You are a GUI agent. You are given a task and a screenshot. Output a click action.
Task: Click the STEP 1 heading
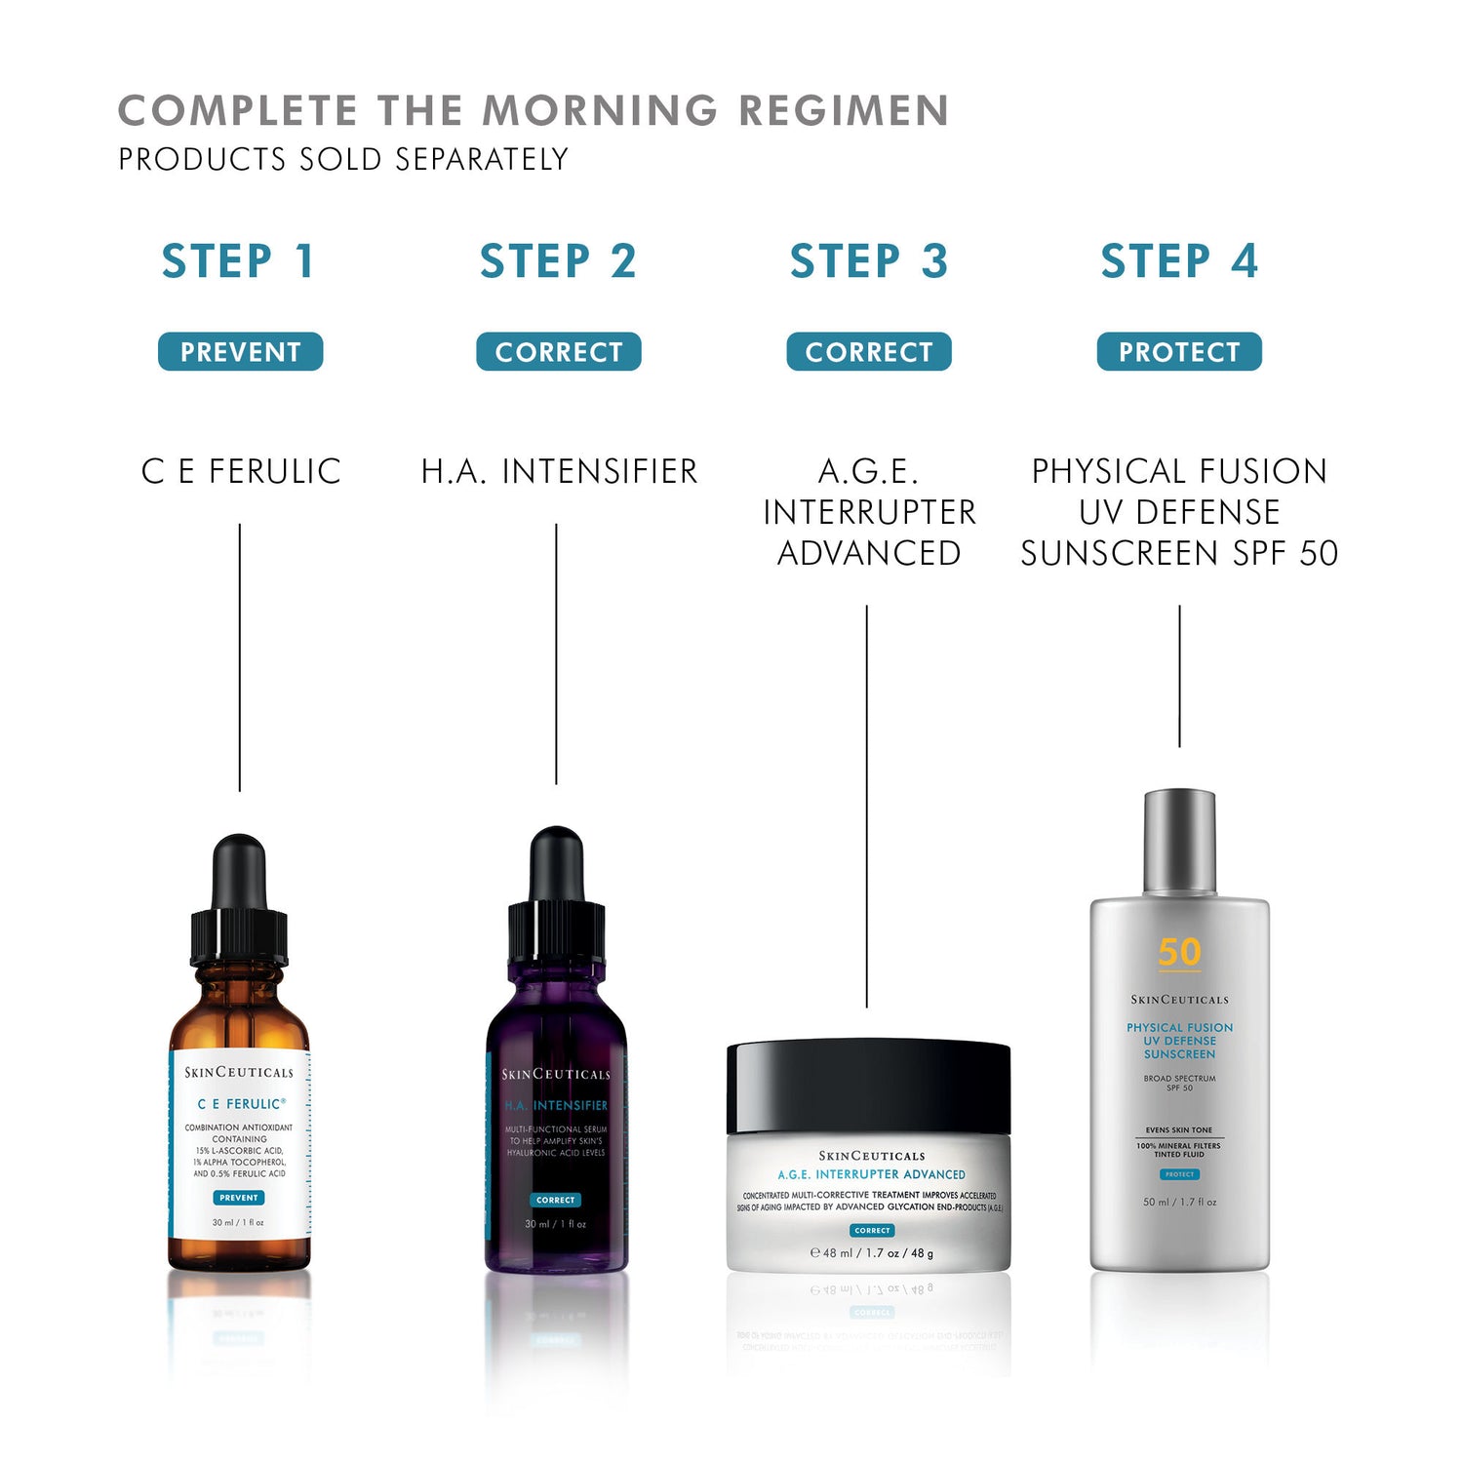point(239,261)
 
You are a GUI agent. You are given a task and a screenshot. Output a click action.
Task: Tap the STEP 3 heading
point(868,261)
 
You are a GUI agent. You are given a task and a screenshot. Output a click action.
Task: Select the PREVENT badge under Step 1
point(240,352)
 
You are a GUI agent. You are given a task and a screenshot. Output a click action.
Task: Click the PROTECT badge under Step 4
point(1178,352)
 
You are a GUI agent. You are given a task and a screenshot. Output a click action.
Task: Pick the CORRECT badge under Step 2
point(558,352)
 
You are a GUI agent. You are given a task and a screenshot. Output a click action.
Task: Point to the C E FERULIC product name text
point(241,471)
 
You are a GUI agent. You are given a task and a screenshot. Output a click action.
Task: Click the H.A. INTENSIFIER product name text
point(559,471)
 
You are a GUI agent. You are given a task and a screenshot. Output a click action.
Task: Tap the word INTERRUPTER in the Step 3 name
point(868,512)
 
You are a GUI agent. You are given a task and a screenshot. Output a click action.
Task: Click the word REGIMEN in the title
point(844,110)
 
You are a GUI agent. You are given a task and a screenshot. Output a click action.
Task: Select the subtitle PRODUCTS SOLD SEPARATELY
point(343,159)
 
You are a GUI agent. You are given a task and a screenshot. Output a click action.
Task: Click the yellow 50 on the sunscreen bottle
point(1179,952)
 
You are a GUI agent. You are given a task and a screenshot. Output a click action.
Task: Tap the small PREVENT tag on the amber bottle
point(239,1198)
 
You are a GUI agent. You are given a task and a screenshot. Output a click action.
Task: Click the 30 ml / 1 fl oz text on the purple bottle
point(556,1224)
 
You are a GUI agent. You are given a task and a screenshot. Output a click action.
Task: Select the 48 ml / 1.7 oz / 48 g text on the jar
point(872,1253)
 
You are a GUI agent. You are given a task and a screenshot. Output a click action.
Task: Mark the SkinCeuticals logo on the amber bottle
point(239,1072)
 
